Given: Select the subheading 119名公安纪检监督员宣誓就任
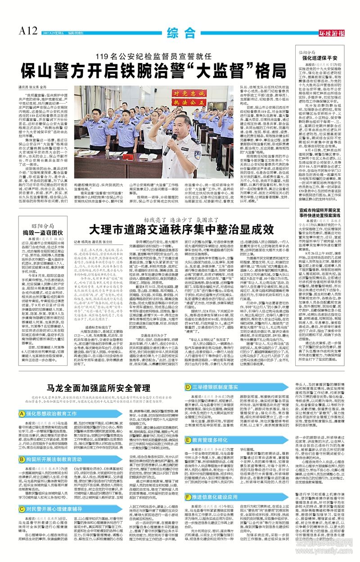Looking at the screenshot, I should click(x=153, y=57).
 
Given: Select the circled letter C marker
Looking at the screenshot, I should click(x=22, y=506).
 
